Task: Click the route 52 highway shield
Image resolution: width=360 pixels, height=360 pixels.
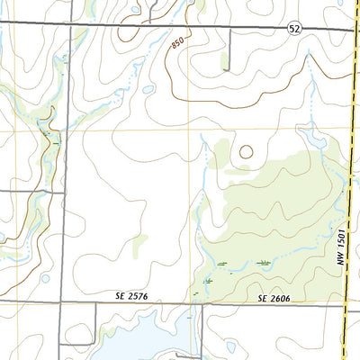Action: [294, 30]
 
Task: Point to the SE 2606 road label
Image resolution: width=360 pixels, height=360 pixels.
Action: [274, 298]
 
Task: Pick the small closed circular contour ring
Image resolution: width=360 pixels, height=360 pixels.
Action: [246, 152]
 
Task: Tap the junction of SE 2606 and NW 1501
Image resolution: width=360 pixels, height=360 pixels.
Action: [346, 302]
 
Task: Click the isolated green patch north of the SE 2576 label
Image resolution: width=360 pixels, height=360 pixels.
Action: [138, 243]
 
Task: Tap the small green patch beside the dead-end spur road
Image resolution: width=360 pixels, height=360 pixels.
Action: [223, 61]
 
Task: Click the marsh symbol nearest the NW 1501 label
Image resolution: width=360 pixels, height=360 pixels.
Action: [264, 262]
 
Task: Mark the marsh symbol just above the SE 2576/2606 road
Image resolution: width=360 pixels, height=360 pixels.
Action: [208, 281]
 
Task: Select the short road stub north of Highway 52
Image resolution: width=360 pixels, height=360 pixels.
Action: [154, 11]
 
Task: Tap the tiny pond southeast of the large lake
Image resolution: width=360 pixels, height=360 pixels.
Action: [230, 346]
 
